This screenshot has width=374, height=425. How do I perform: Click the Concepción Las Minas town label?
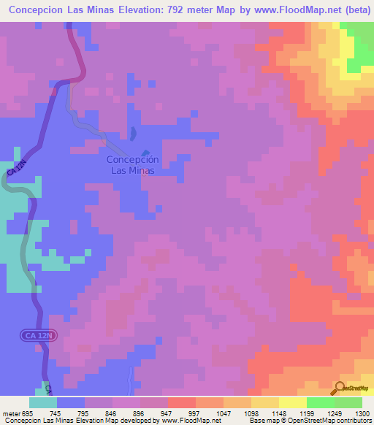click(132, 164)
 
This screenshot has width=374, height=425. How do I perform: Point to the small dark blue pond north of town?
click(132, 134)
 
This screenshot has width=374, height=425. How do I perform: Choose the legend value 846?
click(111, 413)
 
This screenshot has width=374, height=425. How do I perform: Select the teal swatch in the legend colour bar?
click(43, 402)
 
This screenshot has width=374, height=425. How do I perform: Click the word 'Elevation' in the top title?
click(136, 10)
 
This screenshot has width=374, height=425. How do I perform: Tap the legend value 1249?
click(320, 413)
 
